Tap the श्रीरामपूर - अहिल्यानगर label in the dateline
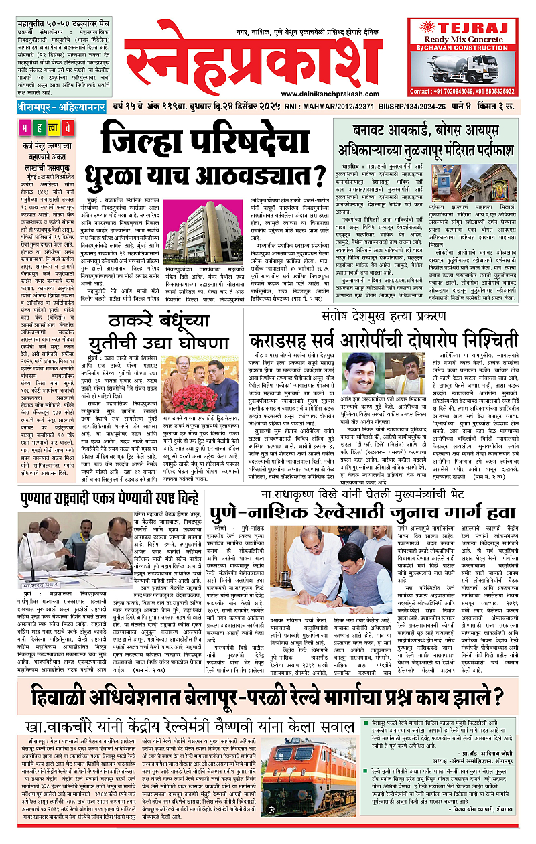pos(59,107)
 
